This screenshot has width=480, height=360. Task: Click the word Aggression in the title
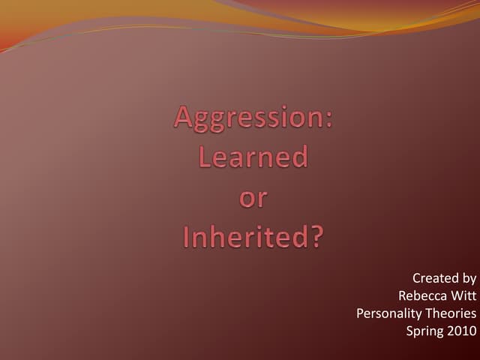tap(250, 118)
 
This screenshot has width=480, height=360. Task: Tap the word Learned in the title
tap(253, 157)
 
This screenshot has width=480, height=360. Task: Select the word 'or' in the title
tap(253, 199)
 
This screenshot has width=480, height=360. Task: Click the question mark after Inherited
tap(317, 237)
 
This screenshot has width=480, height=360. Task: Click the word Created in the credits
tap(436, 278)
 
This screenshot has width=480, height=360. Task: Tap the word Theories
tap(451, 313)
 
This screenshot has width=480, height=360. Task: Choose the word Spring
tap(424, 331)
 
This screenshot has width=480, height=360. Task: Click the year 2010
tap(462, 330)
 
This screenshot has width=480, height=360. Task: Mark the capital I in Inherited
tap(187, 237)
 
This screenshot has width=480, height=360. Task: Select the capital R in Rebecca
tap(403, 295)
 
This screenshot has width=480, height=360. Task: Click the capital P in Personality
tap(360, 313)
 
